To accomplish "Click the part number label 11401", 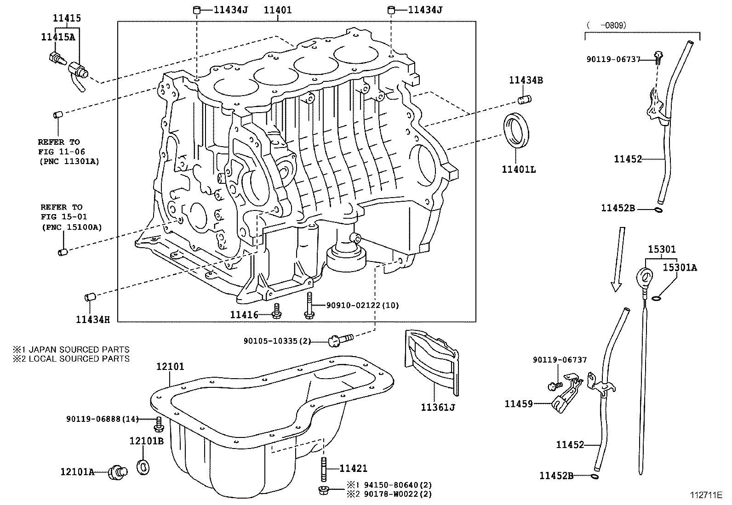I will tap(277, 10).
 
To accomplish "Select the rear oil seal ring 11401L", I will tap(517, 130).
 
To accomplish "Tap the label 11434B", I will tap(526, 80).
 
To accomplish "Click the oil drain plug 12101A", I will tap(118, 472).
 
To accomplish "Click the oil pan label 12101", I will tap(170, 366).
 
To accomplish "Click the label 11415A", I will tap(58, 38).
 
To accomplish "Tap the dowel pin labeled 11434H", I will tap(89, 297).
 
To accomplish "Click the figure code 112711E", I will tap(706, 494).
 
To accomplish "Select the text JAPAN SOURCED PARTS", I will tap(79, 350).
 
